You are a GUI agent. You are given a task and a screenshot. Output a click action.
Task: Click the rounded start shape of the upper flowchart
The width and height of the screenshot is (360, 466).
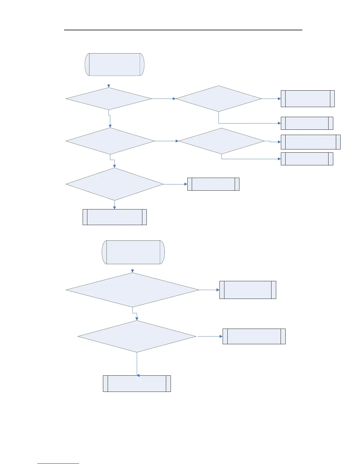(x=114, y=64)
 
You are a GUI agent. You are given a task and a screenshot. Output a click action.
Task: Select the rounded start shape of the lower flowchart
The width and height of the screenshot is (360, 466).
(x=133, y=252)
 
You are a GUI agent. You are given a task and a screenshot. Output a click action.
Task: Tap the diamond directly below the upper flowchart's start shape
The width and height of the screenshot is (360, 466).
(x=109, y=99)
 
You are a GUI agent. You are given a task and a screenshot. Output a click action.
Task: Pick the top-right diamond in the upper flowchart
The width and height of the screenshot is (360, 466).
(x=219, y=99)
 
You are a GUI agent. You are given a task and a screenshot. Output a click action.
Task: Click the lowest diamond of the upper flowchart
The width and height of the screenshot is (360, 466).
(x=114, y=184)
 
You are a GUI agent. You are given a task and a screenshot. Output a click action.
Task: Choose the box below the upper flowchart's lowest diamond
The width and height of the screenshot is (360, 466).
(x=114, y=217)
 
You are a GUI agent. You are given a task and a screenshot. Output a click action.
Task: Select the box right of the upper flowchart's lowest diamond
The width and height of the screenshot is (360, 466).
(x=213, y=184)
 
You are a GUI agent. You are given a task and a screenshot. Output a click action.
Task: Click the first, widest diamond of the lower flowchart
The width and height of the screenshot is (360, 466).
(x=132, y=290)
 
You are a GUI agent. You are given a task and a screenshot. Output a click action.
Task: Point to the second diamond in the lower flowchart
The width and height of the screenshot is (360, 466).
(x=137, y=336)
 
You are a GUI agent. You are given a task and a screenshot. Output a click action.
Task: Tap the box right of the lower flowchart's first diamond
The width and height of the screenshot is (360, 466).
(x=248, y=290)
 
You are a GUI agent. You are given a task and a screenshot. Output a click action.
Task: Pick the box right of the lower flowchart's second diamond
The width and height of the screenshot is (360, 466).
(x=254, y=336)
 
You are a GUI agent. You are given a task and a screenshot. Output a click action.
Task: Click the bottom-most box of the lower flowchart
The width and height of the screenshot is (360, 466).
(x=137, y=383)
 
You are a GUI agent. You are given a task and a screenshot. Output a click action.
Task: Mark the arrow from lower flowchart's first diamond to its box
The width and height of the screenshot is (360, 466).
(x=209, y=290)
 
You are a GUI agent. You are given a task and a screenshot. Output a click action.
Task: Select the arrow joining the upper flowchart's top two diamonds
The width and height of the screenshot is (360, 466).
(x=164, y=99)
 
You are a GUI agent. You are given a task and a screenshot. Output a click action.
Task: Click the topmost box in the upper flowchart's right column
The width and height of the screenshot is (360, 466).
(x=308, y=99)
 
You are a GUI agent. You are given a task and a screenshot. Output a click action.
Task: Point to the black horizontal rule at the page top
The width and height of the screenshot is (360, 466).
(x=183, y=30)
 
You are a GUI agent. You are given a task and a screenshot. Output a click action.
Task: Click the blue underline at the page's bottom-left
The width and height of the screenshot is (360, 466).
(x=58, y=463)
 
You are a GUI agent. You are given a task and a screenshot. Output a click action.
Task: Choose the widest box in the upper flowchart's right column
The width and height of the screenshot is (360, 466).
(x=311, y=142)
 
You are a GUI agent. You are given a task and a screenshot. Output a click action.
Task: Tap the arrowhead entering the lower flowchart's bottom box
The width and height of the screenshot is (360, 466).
(x=138, y=375)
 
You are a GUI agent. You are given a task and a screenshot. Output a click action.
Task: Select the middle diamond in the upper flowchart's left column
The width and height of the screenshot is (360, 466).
(x=110, y=141)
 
